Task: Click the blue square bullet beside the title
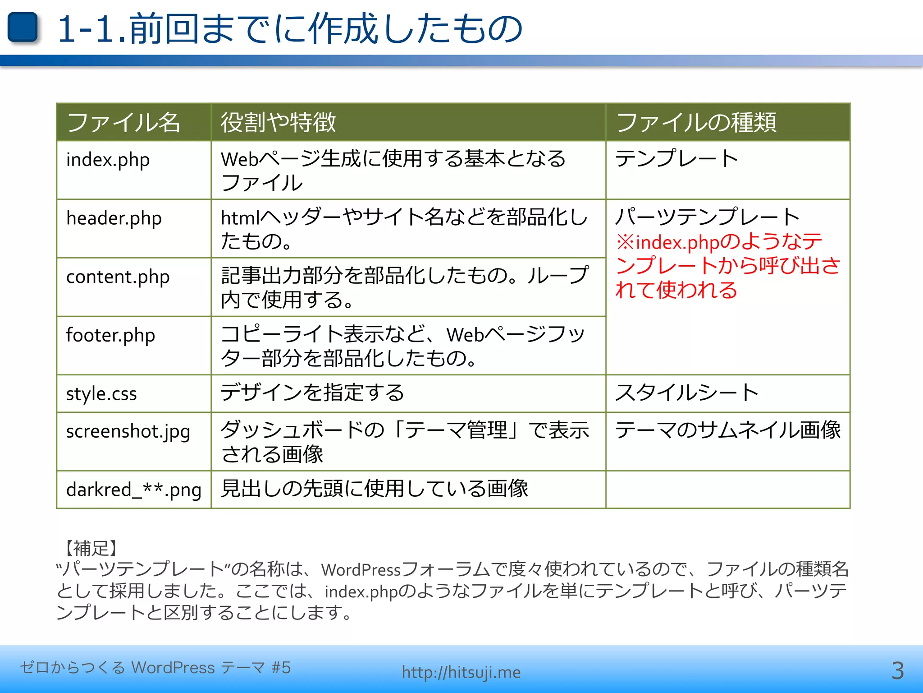pos(23,28)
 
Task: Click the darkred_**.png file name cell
pos(133,490)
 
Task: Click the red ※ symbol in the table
pos(625,242)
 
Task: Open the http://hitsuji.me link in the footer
pos(461,672)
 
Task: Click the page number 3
pos(897,671)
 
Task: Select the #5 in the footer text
pos(281,668)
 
